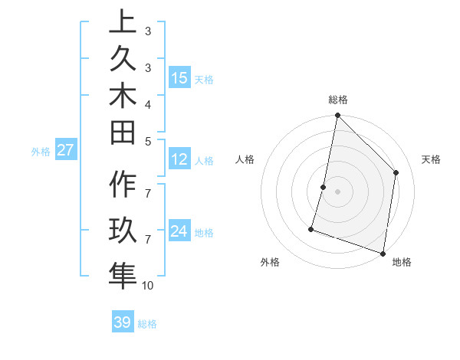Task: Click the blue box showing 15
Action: click(179, 77)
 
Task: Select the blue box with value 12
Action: click(179, 159)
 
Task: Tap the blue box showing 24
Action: click(179, 231)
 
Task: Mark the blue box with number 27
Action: click(66, 150)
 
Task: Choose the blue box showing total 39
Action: click(123, 322)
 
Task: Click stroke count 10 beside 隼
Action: click(148, 286)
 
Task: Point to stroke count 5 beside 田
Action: click(148, 140)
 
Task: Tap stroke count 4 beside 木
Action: click(148, 103)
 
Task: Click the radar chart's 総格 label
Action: click(338, 100)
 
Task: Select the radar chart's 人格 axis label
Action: click(245, 159)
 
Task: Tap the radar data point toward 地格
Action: click(383, 253)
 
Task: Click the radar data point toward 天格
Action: click(396, 172)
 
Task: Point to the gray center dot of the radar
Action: click(337, 191)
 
